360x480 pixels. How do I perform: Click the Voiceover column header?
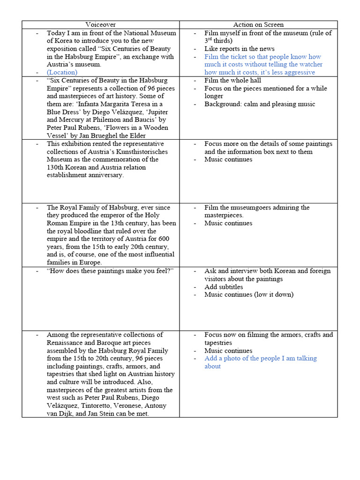100,24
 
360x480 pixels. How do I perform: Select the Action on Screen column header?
258,24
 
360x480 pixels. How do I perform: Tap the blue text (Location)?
62,72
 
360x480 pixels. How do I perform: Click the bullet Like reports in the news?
239,49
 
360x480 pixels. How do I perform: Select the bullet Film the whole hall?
232,80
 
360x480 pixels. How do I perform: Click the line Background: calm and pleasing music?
260,104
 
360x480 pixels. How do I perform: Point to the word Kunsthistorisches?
138,151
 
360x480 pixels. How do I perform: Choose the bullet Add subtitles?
224,287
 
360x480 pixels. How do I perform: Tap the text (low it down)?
272,295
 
